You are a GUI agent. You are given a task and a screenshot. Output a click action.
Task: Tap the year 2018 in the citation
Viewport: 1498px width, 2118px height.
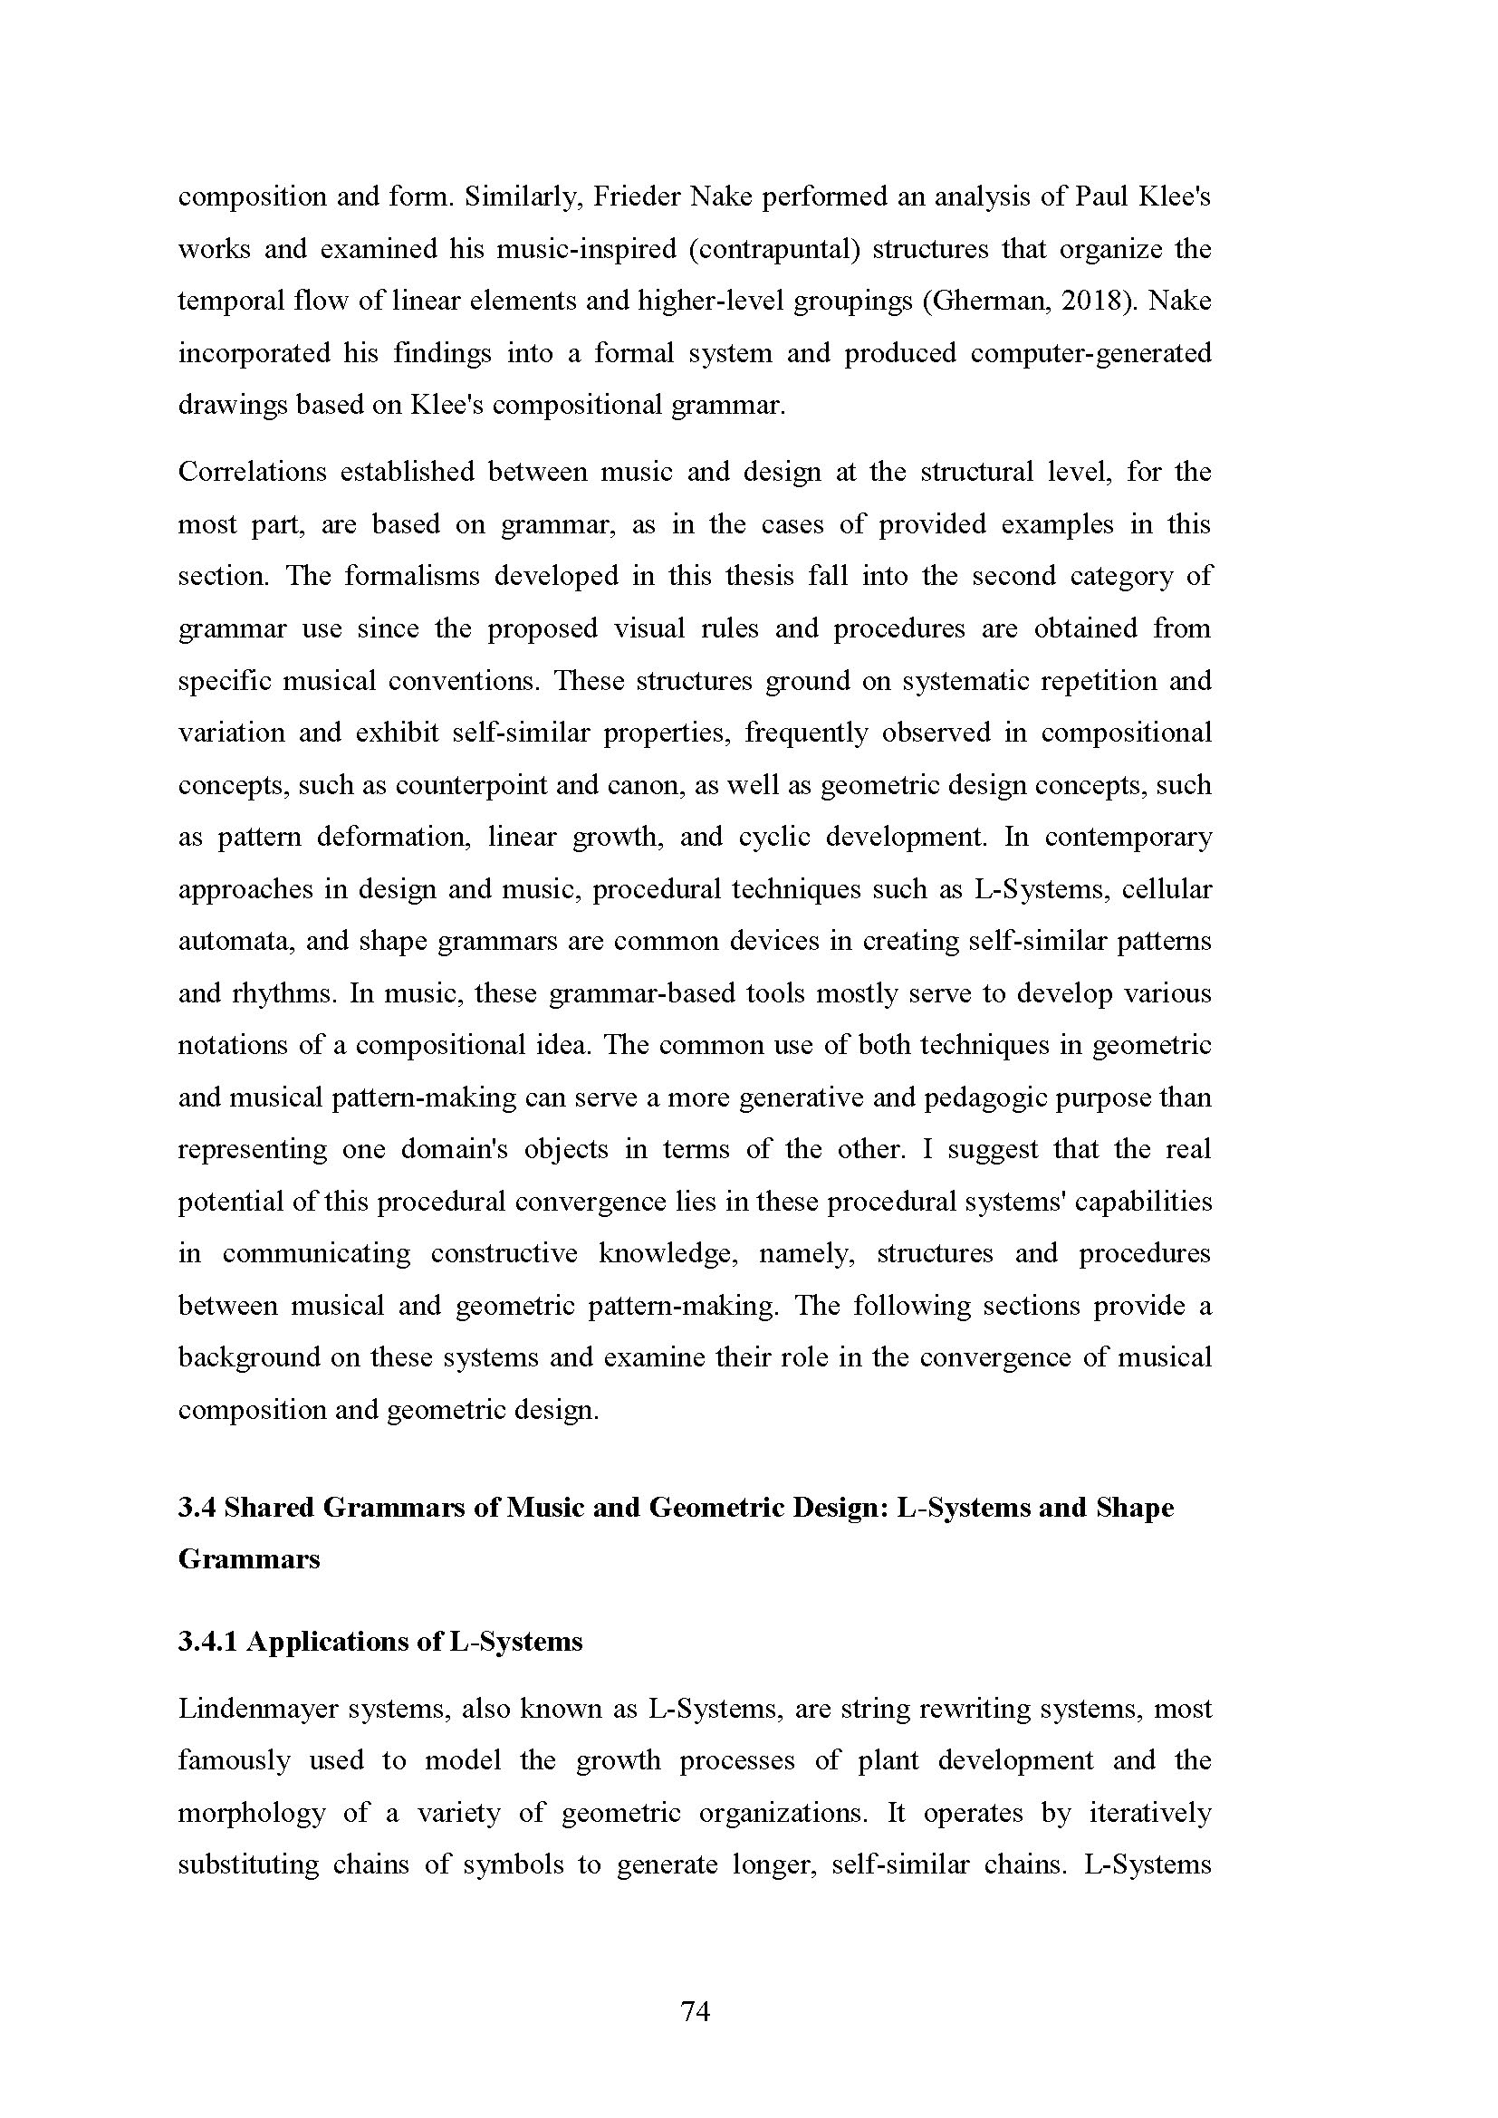[1092, 301]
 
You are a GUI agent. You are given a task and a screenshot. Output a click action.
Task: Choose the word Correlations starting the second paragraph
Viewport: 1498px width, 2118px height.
[252, 472]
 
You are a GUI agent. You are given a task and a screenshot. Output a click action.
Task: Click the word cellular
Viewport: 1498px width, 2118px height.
[1167, 889]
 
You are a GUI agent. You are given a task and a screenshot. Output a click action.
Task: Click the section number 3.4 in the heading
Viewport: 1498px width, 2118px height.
[197, 1508]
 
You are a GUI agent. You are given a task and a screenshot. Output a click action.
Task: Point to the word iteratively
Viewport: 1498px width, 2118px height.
[1150, 1813]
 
